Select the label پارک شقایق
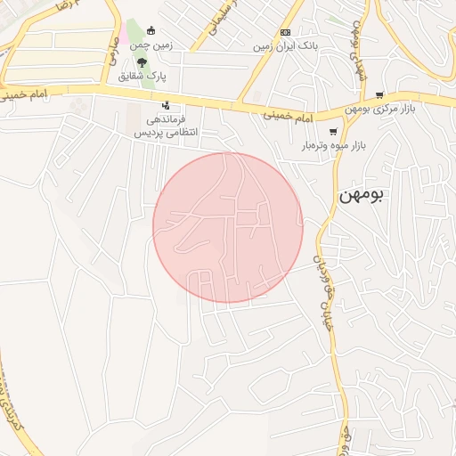142,76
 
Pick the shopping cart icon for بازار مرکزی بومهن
379,94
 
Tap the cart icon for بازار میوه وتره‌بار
333,132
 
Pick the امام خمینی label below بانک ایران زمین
289,117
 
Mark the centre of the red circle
228,227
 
